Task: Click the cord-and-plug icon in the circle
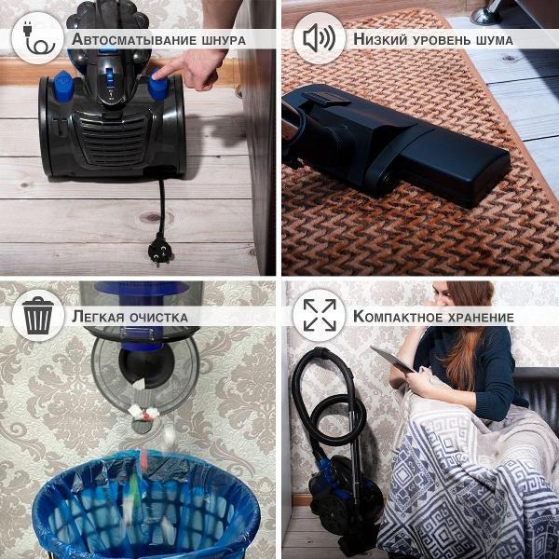[x=38, y=39]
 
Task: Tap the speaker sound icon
[x=319, y=39]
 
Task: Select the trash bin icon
[x=38, y=316]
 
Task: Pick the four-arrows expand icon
[x=319, y=316]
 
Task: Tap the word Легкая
[x=100, y=317]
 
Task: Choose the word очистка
[x=159, y=317]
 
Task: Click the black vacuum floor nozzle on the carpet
[x=410, y=149]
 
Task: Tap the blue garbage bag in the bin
[x=144, y=512]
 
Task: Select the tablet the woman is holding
[x=391, y=359]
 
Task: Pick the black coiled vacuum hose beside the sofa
[x=321, y=401]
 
